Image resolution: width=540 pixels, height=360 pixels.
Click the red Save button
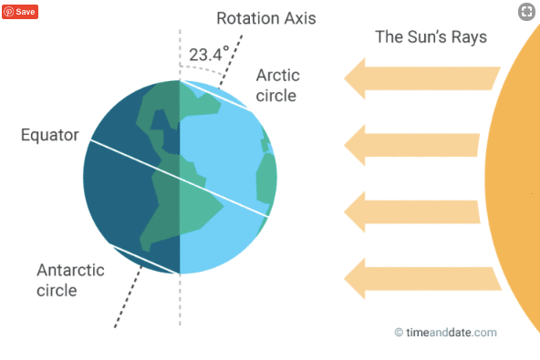point(20,12)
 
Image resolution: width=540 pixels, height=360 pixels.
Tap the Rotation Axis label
point(265,18)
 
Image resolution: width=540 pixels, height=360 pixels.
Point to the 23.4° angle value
point(209,54)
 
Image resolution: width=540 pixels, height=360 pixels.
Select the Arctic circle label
point(277,86)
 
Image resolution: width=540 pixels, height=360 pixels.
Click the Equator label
point(50,135)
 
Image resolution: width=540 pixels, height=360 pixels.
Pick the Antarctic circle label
point(70,280)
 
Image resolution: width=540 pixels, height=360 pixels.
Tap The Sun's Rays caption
point(431,37)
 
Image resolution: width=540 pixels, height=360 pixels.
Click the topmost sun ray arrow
point(421,78)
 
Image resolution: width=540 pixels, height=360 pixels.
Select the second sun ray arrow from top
point(411,145)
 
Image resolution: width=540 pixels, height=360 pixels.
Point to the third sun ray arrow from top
point(412,212)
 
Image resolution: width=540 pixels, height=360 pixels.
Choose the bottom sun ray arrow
point(422,279)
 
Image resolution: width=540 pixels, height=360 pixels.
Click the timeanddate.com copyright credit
point(446,333)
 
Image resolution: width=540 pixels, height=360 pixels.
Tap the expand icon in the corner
point(526,12)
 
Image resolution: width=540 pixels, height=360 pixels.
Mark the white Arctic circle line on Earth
point(214,95)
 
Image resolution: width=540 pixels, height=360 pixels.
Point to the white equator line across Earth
point(180,178)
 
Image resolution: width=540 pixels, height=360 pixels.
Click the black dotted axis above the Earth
point(231,60)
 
